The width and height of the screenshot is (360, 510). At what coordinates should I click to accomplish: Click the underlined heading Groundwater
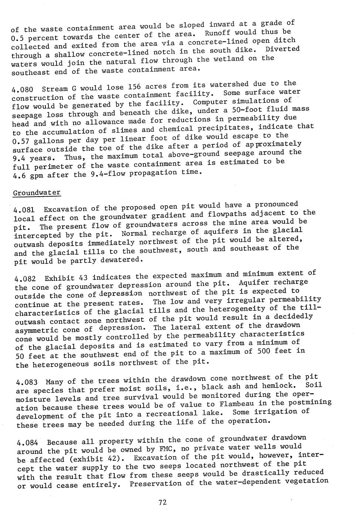[x=37, y=193]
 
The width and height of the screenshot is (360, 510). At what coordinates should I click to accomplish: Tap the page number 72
[x=163, y=502]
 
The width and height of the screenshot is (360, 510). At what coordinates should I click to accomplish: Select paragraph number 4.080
[x=23, y=89]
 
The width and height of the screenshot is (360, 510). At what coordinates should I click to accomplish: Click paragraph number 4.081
[x=24, y=210]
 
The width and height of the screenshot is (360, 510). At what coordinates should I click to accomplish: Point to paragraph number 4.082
[x=25, y=279]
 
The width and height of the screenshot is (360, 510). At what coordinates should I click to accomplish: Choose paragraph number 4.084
[x=27, y=442]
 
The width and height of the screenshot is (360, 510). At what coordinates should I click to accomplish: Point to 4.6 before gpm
[x=18, y=176]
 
